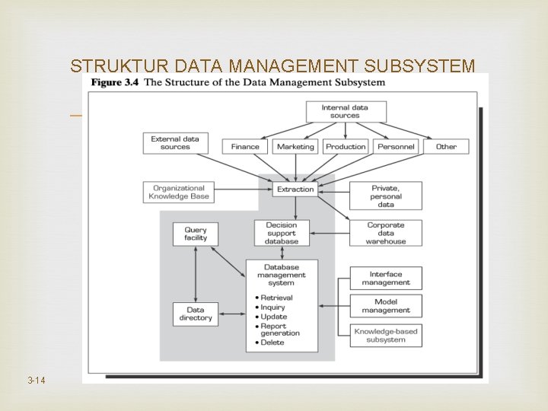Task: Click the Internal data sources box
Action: pos(345,112)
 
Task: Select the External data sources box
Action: pos(175,143)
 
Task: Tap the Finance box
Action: pos(245,147)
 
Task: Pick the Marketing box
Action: pos(295,147)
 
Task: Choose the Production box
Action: pos(346,147)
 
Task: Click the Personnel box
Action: pos(396,147)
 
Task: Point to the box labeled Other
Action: pos(446,147)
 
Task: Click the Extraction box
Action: pos(295,189)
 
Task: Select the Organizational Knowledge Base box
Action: pos(179,193)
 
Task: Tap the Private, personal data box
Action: pos(385,196)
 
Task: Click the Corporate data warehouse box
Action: pos(385,234)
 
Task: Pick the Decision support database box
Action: pos(282,234)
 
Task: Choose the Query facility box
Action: pos(196,234)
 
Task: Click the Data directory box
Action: pos(196,314)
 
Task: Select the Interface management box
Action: pos(385,279)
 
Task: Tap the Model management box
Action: pos(385,306)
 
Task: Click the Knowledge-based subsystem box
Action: pos(385,335)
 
